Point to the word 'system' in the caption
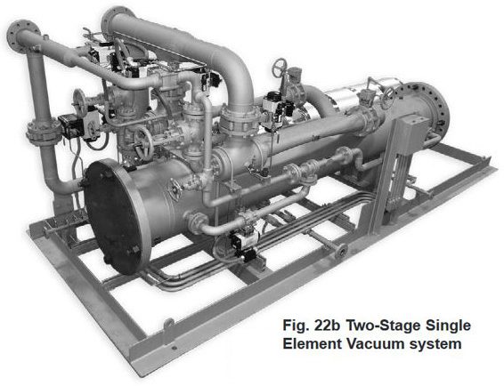(x=435, y=344)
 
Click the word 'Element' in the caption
(x=313, y=344)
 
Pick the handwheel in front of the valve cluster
(x=143, y=142)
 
